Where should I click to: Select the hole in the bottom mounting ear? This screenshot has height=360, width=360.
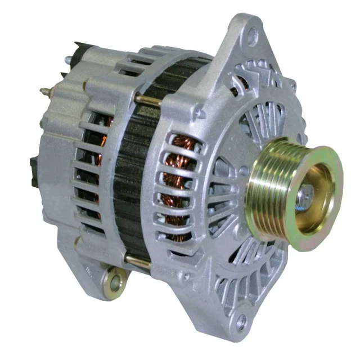click(242, 322)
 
